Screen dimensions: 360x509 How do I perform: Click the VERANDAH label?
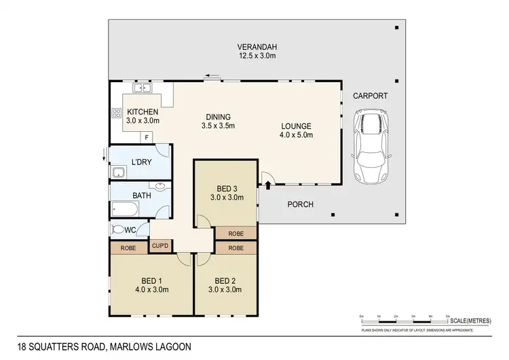pyautogui.click(x=257, y=47)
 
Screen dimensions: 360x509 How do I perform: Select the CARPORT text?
pyautogui.click(x=370, y=96)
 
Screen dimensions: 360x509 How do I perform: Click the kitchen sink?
pyautogui.click(x=142, y=88)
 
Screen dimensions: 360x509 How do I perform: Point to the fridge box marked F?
pyautogui.click(x=146, y=137)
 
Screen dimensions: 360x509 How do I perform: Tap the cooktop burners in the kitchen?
pyautogui.click(x=115, y=114)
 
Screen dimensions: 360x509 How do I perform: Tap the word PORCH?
pyautogui.click(x=300, y=204)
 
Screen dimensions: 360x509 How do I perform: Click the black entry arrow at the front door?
pyautogui.click(x=268, y=183)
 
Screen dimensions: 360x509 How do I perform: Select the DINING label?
pyautogui.click(x=218, y=116)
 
